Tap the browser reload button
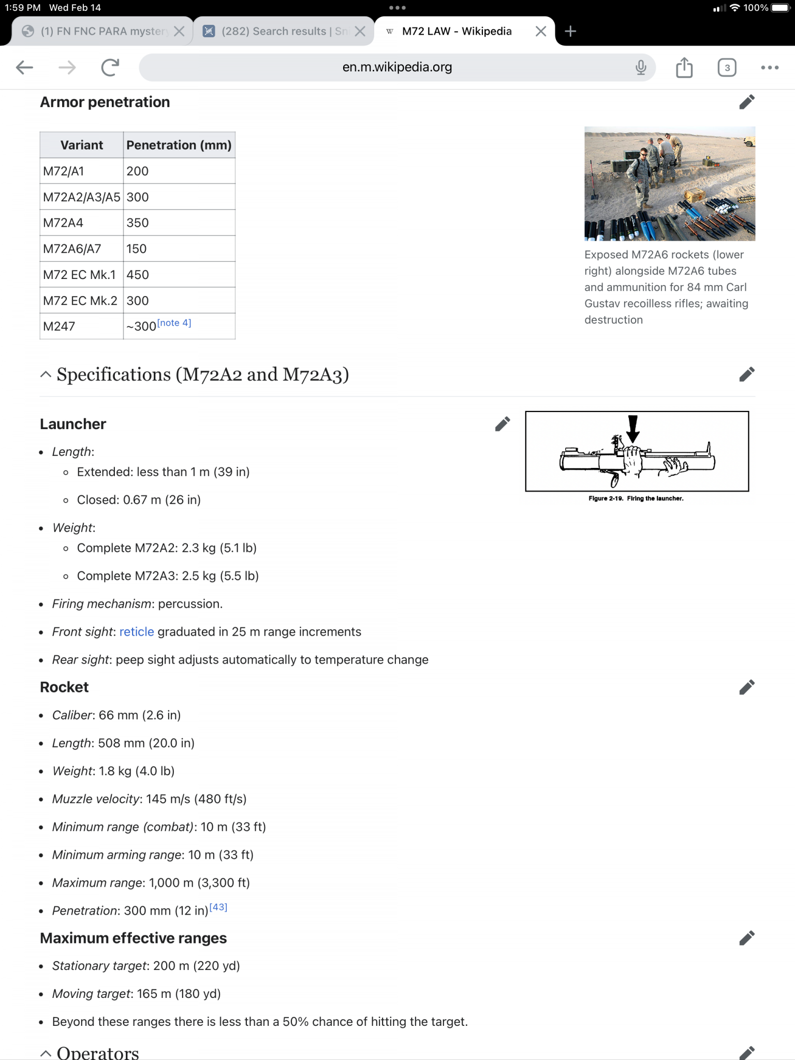[x=110, y=67]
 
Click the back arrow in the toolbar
[x=24, y=67]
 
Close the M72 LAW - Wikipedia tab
[x=540, y=32]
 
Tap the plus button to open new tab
[x=570, y=32]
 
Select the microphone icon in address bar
[x=641, y=67]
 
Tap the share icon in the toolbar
[x=684, y=67]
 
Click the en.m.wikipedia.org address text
[x=397, y=67]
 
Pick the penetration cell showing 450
[x=138, y=275]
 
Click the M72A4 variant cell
[x=63, y=223]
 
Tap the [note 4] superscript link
[x=174, y=323]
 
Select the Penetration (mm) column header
[x=179, y=145]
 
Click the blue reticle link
[x=137, y=632]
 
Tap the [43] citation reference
[x=218, y=907]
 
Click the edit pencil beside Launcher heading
[x=502, y=424]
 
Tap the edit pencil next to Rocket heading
[x=746, y=687]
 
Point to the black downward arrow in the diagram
[x=632, y=428]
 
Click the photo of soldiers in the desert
[x=669, y=184]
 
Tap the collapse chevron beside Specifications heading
[x=46, y=375]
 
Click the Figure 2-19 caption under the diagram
[x=636, y=498]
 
